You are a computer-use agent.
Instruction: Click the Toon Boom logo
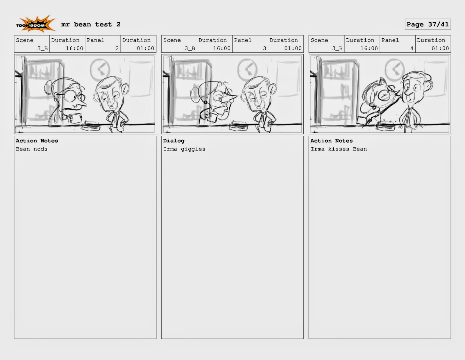[35, 24]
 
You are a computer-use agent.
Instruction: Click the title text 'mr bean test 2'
[91, 24]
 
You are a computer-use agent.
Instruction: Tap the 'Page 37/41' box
[428, 24]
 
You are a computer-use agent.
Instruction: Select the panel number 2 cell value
[117, 48]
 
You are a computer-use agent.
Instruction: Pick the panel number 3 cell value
[264, 48]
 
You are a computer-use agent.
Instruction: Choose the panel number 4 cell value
[412, 48]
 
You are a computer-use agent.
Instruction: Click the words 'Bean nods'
[31, 149]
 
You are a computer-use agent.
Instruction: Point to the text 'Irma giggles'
[184, 149]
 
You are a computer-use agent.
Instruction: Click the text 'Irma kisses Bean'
[339, 149]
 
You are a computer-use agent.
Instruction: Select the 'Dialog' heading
[174, 141]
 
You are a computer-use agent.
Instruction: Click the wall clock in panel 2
[100, 69]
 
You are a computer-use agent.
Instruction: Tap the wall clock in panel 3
[247, 69]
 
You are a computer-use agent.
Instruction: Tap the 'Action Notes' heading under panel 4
[331, 141]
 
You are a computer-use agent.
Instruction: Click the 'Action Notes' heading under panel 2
[37, 141]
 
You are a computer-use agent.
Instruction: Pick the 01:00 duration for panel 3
[293, 48]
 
